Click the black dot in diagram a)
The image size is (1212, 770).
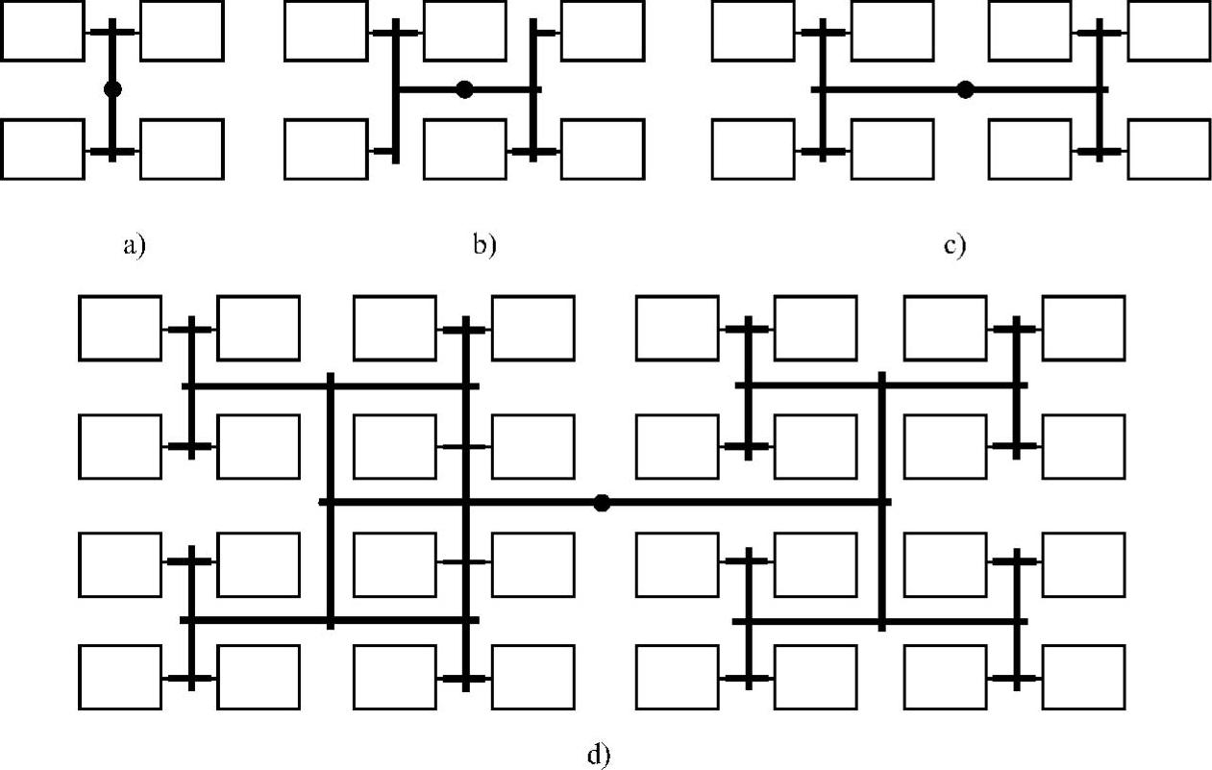[112, 89]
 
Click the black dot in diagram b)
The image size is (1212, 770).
[465, 89]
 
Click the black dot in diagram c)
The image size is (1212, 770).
[966, 89]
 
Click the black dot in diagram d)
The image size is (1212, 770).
[602, 502]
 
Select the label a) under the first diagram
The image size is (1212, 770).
[134, 245]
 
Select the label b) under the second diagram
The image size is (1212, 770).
[484, 245]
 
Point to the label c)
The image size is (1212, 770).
[954, 245]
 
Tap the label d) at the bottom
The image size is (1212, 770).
[598, 755]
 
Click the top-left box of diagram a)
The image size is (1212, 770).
[41, 31]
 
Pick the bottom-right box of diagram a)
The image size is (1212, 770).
[182, 149]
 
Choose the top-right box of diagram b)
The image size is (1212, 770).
[603, 31]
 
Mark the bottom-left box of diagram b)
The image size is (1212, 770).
[326, 149]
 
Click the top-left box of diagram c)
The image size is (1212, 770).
[753, 31]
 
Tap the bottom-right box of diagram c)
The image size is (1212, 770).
[1169, 149]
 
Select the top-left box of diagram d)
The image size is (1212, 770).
[119, 328]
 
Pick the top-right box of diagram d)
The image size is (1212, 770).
[1083, 328]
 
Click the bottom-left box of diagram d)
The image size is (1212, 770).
[119, 677]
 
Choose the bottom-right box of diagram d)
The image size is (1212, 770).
[1083, 677]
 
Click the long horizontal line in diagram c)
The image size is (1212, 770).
[894, 89]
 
